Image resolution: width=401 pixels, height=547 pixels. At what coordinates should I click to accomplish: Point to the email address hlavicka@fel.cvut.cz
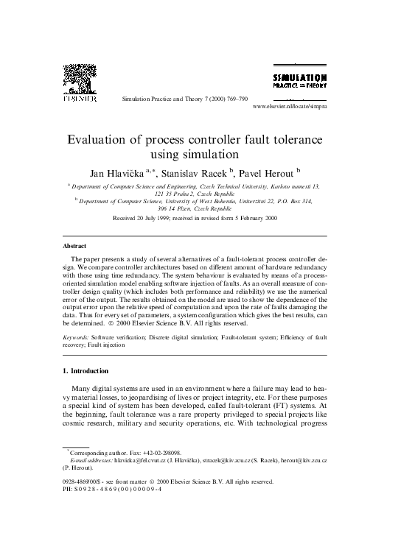tap(141, 459)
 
